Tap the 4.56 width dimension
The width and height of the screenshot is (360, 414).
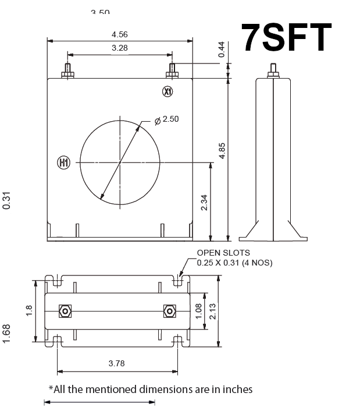coord(120,34)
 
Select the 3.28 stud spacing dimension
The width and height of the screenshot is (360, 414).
coord(120,48)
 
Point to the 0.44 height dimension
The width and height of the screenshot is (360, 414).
coord(221,50)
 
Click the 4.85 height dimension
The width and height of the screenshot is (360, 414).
coord(222,150)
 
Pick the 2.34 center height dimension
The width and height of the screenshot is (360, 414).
coord(204,202)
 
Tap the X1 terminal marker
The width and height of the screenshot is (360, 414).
coord(168,92)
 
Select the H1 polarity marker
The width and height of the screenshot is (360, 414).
coord(63,163)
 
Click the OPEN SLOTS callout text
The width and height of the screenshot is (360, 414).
coord(224,253)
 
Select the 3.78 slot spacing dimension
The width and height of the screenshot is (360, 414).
coord(117,364)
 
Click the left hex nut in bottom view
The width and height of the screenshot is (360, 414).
coord(65,311)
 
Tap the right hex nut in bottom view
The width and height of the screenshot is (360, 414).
coord(169,311)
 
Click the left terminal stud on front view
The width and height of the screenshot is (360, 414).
coord(67,70)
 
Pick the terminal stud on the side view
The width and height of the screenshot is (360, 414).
coord(272,70)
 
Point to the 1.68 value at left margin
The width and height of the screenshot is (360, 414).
coord(6,334)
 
